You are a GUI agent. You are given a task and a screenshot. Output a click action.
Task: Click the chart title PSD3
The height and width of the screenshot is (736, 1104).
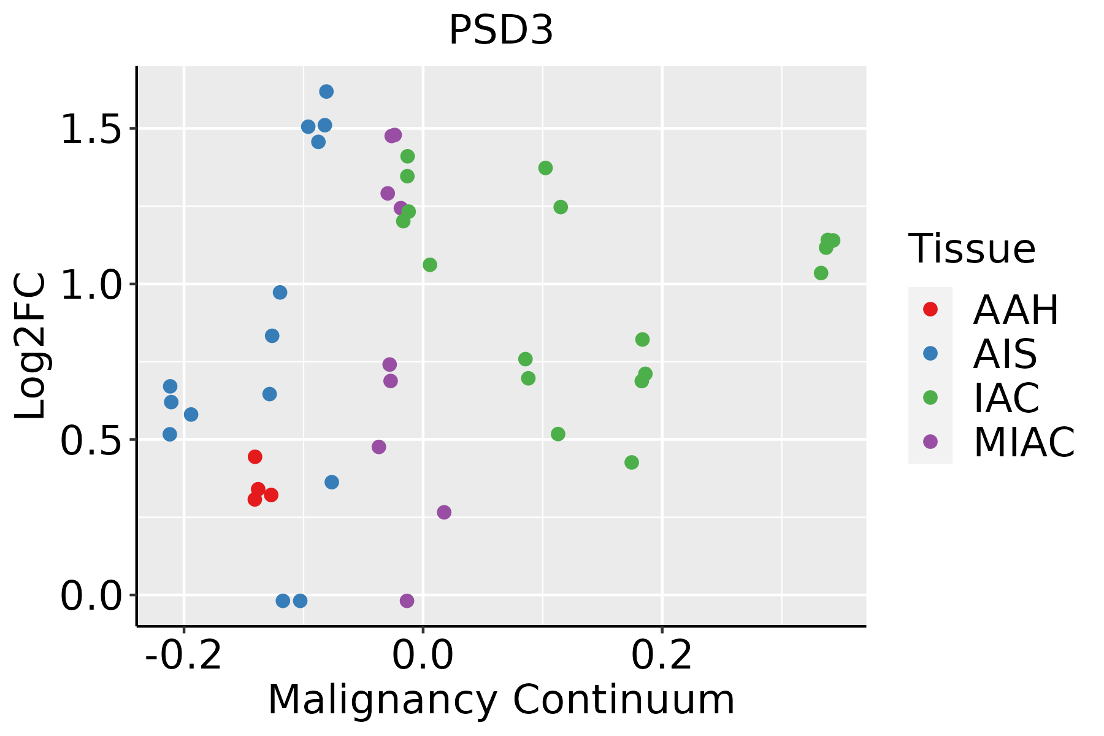(501, 31)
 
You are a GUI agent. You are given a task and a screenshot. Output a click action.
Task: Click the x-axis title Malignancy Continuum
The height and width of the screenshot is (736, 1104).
(501, 700)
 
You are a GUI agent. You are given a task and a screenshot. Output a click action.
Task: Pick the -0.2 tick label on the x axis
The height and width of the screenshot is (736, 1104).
(183, 656)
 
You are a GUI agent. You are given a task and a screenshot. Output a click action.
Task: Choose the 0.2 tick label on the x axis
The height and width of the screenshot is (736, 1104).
(662, 656)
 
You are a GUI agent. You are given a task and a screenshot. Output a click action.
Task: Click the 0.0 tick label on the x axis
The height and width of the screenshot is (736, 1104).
(423, 656)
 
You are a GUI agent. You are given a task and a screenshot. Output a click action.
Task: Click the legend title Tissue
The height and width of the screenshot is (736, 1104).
(972, 249)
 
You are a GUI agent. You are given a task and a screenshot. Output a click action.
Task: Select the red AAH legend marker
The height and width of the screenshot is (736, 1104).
(930, 309)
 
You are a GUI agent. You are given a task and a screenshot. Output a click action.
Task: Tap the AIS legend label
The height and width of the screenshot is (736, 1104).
(1005, 354)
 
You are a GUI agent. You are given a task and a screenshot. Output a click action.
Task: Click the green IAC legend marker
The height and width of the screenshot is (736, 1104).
(930, 397)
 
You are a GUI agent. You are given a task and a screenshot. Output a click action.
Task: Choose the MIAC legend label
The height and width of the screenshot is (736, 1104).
(1024, 442)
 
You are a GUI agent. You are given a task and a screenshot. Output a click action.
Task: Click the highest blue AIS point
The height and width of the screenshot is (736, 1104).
(326, 91)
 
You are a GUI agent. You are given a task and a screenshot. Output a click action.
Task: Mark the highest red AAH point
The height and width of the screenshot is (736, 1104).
(255, 456)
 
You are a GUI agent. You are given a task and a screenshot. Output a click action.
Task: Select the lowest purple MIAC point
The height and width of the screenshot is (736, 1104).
(407, 600)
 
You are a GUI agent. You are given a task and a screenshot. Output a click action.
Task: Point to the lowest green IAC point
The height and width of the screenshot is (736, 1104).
(632, 462)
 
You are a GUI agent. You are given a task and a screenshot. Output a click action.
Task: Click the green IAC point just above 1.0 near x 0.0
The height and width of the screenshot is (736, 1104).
(430, 265)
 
